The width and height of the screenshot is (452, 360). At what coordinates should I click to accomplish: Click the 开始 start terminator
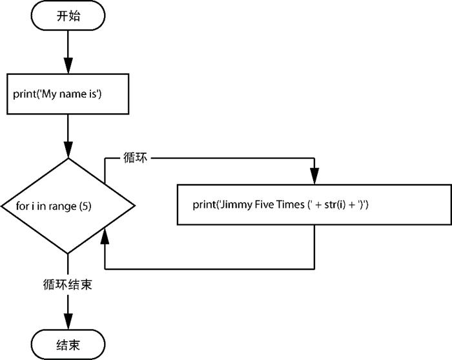pyautogui.click(x=67, y=17)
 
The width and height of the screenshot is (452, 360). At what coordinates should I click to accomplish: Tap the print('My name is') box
pyautogui.click(x=67, y=94)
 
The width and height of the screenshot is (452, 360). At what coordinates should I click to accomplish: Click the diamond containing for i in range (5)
pyautogui.click(x=67, y=206)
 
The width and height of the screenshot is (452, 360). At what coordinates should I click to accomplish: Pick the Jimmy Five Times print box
pyautogui.click(x=314, y=205)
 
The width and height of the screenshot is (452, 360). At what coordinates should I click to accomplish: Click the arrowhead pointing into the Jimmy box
pyautogui.click(x=314, y=176)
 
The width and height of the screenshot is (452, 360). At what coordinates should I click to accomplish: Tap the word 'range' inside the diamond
pyautogui.click(x=65, y=206)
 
